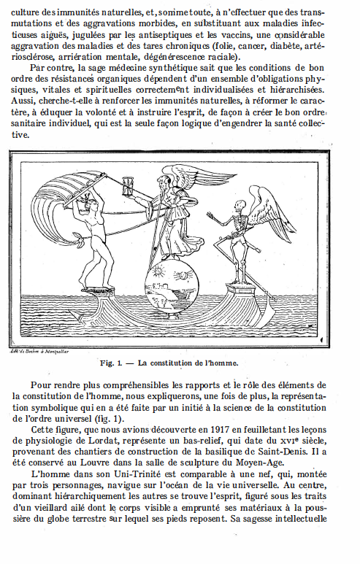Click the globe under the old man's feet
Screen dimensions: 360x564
[x=167, y=285]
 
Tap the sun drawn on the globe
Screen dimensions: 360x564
[x=155, y=279]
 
